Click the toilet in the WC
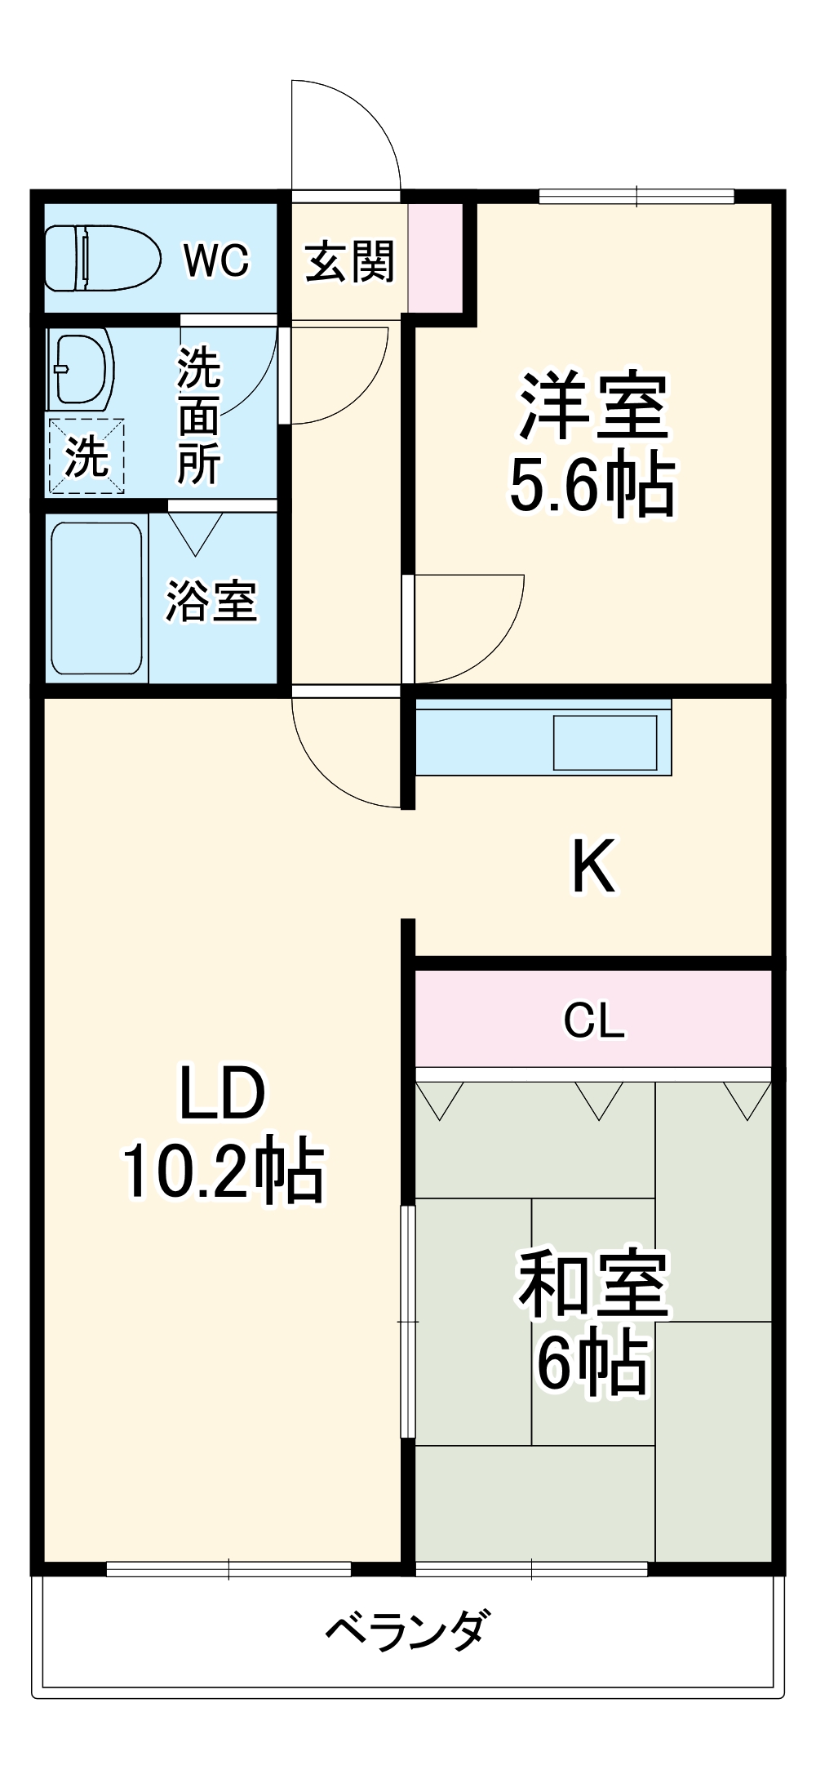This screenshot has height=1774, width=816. click(102, 258)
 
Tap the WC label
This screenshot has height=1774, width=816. click(215, 260)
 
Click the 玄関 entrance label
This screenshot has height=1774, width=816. click(349, 262)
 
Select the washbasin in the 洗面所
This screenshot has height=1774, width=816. click(80, 369)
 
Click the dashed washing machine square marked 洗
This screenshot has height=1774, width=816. click(86, 456)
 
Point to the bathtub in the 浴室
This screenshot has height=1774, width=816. click(96, 598)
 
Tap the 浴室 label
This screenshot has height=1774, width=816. click(211, 602)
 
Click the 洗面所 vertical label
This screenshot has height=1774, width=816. click(199, 416)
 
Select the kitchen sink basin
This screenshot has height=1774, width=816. click(605, 742)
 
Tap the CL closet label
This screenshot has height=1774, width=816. click(594, 1020)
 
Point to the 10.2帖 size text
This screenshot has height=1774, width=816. click(223, 1170)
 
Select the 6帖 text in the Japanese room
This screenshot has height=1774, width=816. click(592, 1363)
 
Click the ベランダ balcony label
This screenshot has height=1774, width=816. click(408, 1631)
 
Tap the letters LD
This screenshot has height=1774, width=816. click(222, 1094)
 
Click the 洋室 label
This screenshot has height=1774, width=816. click(593, 406)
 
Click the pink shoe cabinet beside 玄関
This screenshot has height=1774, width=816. click(435, 257)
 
